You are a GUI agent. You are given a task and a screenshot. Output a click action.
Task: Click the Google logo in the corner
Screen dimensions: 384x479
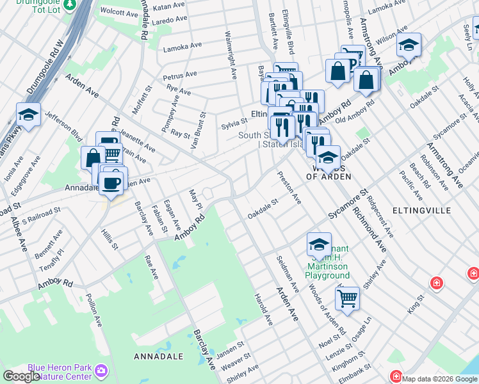tap(21, 376)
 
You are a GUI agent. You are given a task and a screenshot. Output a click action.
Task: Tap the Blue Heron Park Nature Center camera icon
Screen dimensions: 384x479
tap(101, 371)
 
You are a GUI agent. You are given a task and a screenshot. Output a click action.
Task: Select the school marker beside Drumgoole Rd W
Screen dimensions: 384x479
tap(28, 115)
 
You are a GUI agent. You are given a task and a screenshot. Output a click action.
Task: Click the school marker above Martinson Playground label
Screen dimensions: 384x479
tap(318, 244)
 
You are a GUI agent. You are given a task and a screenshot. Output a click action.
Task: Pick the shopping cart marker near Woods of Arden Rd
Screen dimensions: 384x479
tap(347, 298)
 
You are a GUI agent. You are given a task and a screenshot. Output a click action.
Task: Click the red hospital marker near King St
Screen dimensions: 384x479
tap(437, 282)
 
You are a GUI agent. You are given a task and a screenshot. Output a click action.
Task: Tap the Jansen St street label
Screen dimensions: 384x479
tap(231, 349)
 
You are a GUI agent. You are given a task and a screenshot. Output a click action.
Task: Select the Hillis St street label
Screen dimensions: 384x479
tap(110, 236)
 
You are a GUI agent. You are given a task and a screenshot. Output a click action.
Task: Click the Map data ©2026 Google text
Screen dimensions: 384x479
tap(439, 379)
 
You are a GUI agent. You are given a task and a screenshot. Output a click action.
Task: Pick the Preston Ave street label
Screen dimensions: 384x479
tap(289, 188)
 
